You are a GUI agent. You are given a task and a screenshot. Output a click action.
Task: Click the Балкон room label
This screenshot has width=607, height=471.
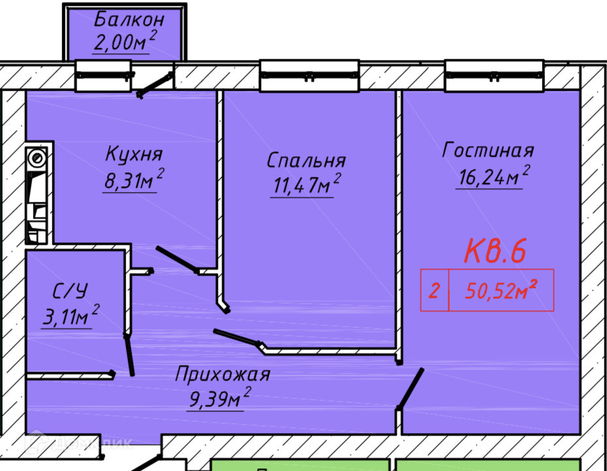tap(129, 20)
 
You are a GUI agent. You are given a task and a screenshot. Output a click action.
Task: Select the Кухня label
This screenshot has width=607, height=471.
tap(133, 155)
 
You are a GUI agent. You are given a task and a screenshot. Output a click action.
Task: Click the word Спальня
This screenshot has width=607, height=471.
tap(306, 161)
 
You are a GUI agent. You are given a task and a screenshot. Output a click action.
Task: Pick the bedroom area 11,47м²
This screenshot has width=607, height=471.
tap(304, 185)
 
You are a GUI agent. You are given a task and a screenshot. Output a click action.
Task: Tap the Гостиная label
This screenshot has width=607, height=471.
tap(488, 151)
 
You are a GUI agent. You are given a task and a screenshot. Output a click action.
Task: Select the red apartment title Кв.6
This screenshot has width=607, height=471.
tap(495, 251)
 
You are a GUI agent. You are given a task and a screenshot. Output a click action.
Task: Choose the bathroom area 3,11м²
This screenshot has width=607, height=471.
tap(69, 317)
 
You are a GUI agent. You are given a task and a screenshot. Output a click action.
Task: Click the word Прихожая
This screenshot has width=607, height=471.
tap(222, 375)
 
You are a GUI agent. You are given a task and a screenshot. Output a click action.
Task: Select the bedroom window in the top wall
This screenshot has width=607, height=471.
tap(310, 76)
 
